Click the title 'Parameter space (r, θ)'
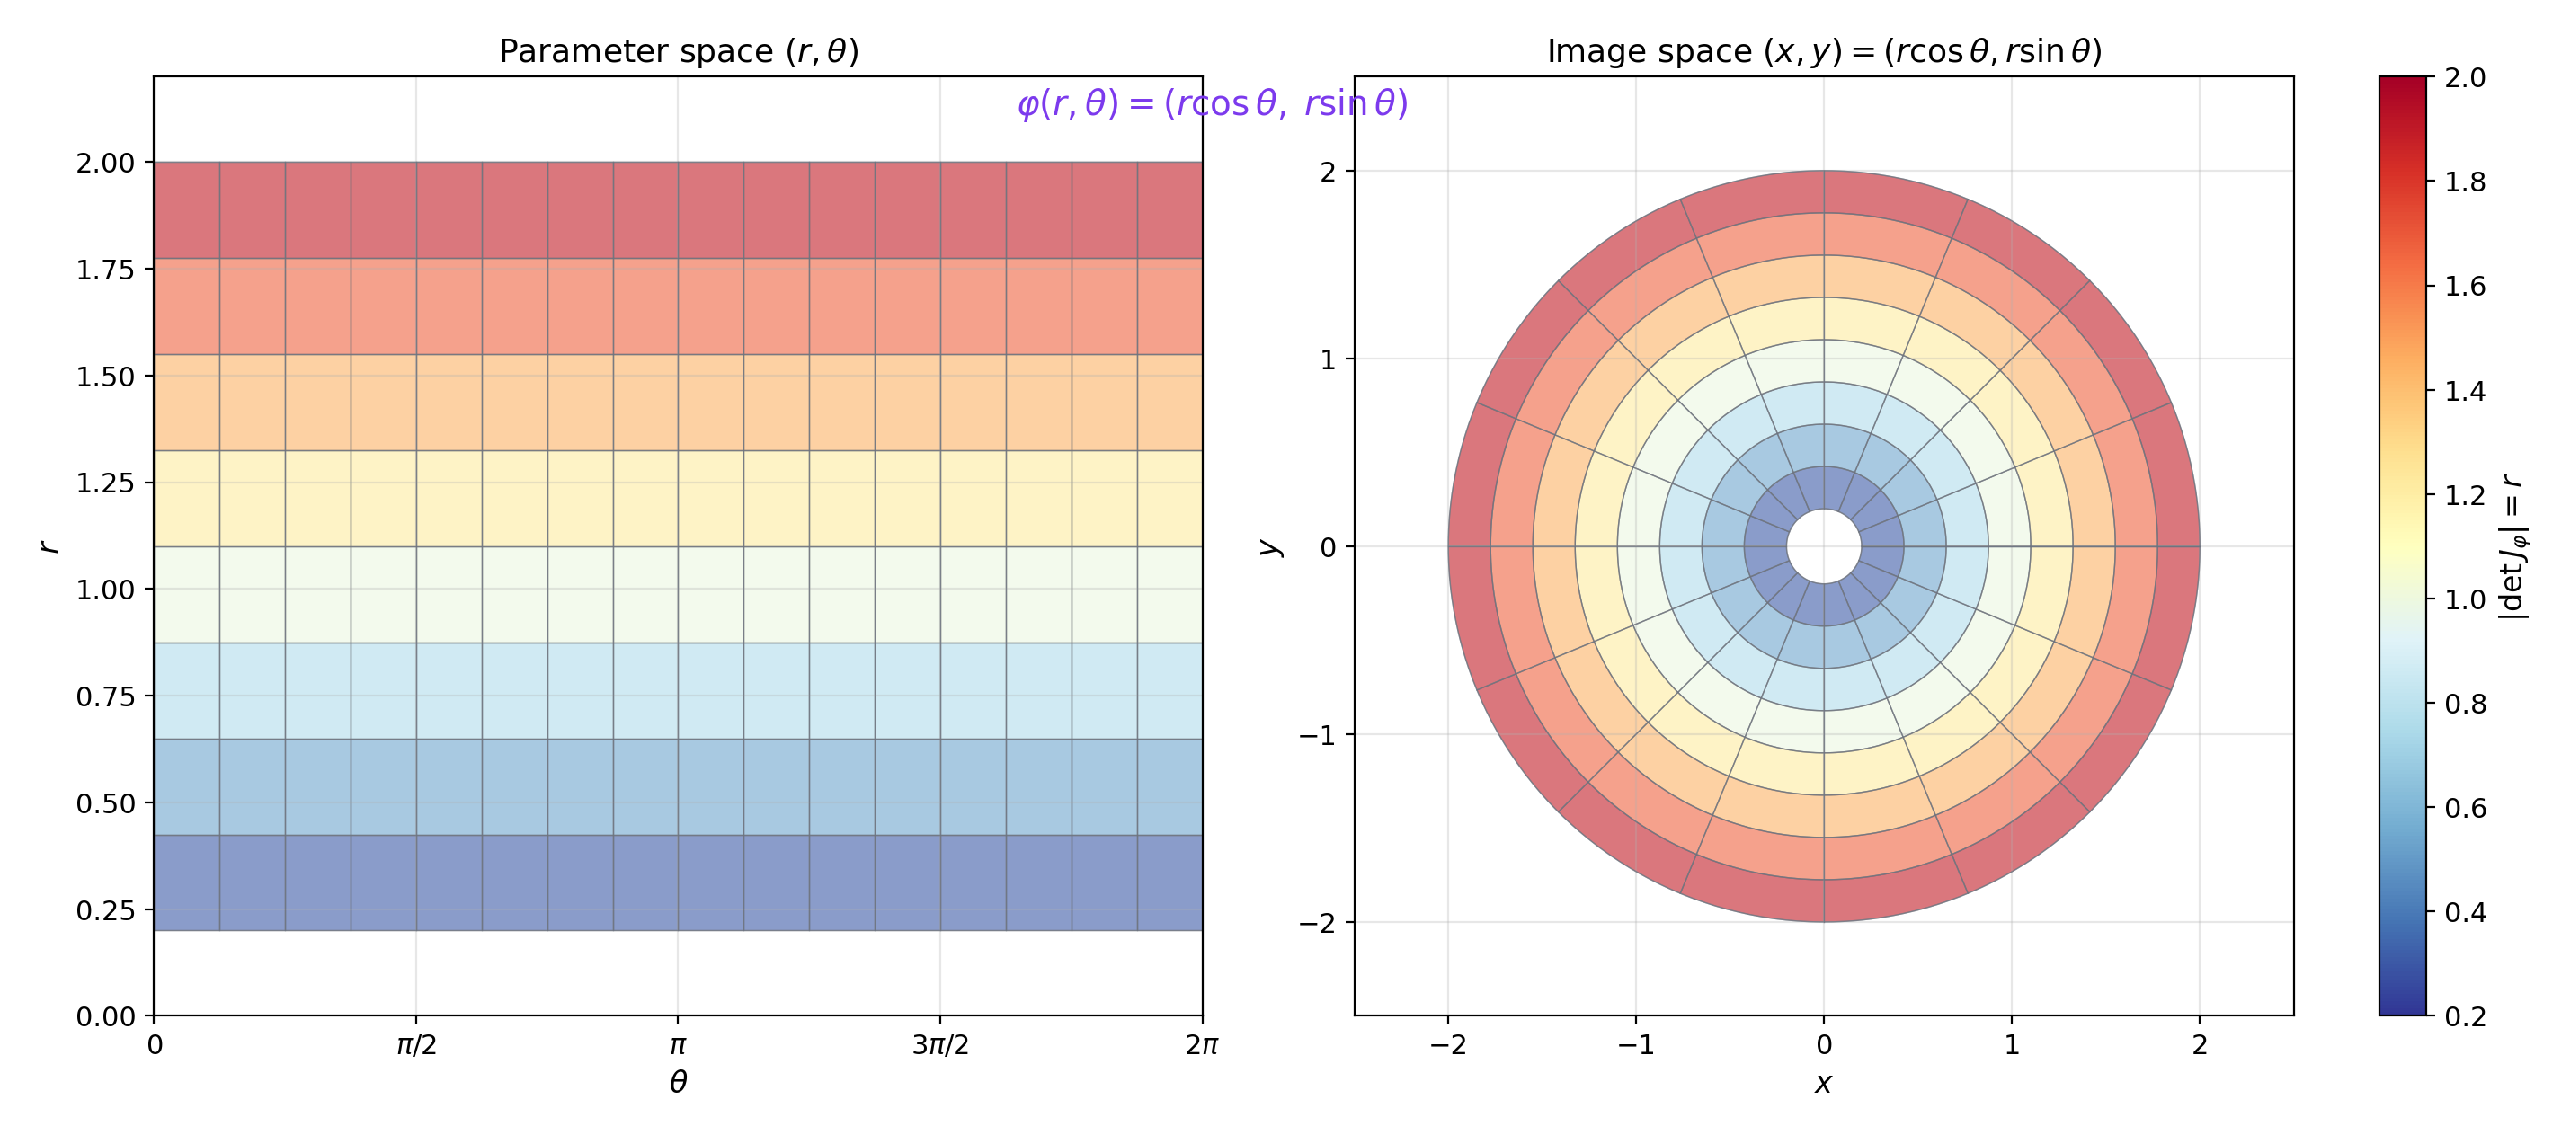point(679,51)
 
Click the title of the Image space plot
point(1824,51)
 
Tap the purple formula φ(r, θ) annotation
point(1212,102)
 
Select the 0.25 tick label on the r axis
point(105,910)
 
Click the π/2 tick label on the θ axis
point(416,1045)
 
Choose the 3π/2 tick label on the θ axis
point(939,1045)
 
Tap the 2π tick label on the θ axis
point(1201,1045)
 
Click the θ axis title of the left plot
point(679,1083)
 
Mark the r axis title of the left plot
point(47,546)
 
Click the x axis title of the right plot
point(1823,1083)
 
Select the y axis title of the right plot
point(1268,546)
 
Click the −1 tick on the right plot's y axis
point(1317,735)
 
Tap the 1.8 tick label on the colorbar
point(2464,182)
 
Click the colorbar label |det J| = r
point(2514,546)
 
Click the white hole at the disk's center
point(1824,546)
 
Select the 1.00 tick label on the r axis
point(105,590)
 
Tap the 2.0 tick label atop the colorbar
point(2464,78)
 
